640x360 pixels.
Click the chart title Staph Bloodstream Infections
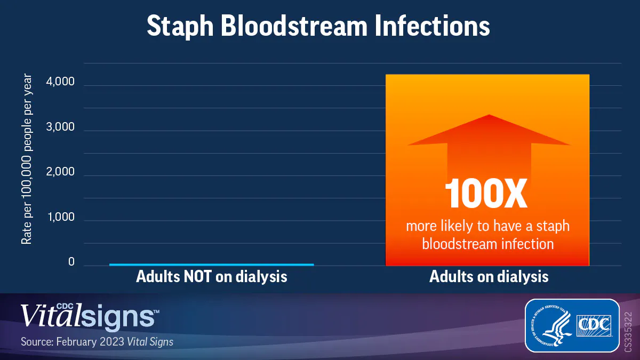(x=318, y=26)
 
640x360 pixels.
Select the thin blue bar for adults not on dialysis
(x=211, y=264)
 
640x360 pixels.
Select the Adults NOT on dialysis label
(x=211, y=277)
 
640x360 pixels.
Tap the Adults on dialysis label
(x=489, y=277)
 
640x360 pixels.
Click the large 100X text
(x=487, y=193)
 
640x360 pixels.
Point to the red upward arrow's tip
(x=489, y=116)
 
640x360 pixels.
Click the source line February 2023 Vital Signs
(x=97, y=342)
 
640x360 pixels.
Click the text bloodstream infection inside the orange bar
(x=487, y=244)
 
